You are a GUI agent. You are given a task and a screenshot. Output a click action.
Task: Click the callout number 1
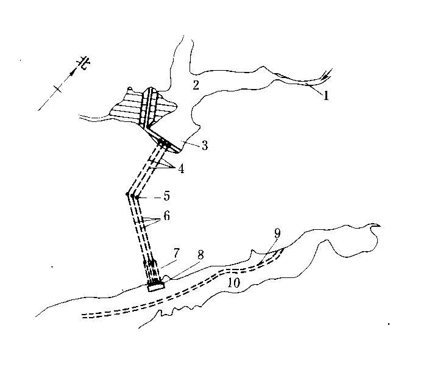[326, 96]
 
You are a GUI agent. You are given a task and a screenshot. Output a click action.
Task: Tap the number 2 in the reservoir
[196, 85]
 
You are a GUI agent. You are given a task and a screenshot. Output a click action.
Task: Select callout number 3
[205, 146]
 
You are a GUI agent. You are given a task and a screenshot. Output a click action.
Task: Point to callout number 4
[181, 168]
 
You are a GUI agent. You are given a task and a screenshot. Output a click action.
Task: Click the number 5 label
[166, 197]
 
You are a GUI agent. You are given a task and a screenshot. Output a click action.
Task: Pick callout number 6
[166, 216]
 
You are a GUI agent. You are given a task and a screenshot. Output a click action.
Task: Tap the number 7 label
[176, 252]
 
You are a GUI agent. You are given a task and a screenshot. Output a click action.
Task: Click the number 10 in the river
[235, 282]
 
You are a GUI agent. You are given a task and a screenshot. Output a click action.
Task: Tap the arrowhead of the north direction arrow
[74, 71]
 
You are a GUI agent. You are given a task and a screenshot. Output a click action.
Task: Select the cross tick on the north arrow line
[57, 89]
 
